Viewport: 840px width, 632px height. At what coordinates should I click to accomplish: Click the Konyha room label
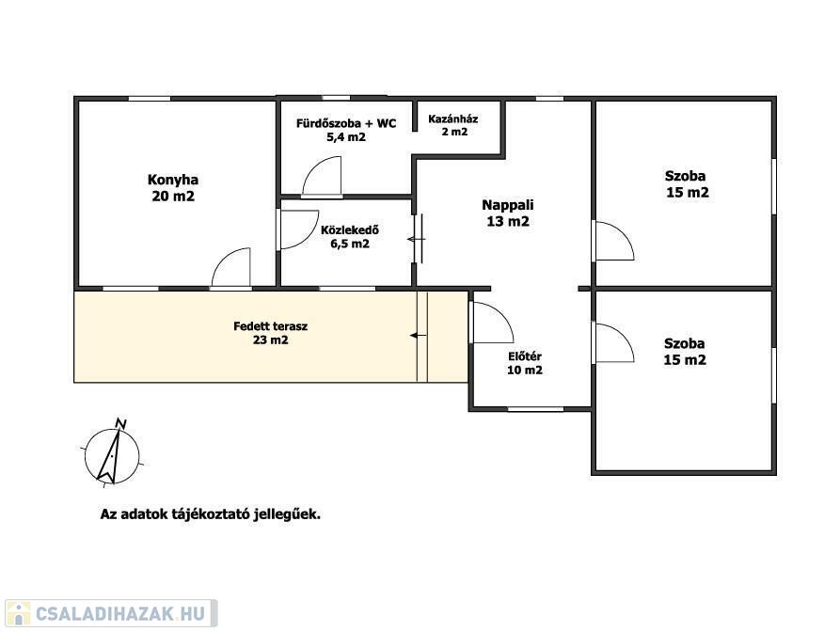pos(173,187)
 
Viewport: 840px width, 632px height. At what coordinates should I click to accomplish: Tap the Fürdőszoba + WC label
pos(346,130)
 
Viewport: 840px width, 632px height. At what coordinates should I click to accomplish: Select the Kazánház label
pos(453,125)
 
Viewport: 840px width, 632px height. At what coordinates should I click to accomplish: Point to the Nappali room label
pos(508,213)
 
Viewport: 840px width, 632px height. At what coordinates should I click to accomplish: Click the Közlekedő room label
pos(350,237)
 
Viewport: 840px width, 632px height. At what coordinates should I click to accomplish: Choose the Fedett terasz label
pos(271,333)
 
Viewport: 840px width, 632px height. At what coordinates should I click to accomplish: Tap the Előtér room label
pos(525,363)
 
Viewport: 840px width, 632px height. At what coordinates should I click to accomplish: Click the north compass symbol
pos(111,454)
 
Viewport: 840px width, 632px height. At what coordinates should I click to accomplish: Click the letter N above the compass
pos(121,423)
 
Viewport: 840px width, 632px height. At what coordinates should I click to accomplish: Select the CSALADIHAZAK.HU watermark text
pos(120,614)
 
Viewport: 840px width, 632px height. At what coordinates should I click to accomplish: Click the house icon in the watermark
pos(18,614)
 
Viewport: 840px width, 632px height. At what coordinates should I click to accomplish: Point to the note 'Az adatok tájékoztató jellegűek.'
pos(211,514)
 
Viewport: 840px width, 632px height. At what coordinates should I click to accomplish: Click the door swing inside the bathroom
pos(322,176)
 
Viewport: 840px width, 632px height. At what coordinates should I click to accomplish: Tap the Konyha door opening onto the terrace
pos(231,267)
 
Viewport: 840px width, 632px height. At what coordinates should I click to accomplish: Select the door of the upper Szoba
pos(615,241)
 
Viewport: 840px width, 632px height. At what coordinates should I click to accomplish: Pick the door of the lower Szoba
pos(615,343)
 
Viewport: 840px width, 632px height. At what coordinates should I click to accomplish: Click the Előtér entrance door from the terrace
pos(492,323)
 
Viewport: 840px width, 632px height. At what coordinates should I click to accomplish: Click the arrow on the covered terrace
pos(418,336)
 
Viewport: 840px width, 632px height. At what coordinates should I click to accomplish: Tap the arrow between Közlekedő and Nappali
pos(417,239)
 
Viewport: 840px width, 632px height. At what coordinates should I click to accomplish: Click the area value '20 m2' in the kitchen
pos(173,197)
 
